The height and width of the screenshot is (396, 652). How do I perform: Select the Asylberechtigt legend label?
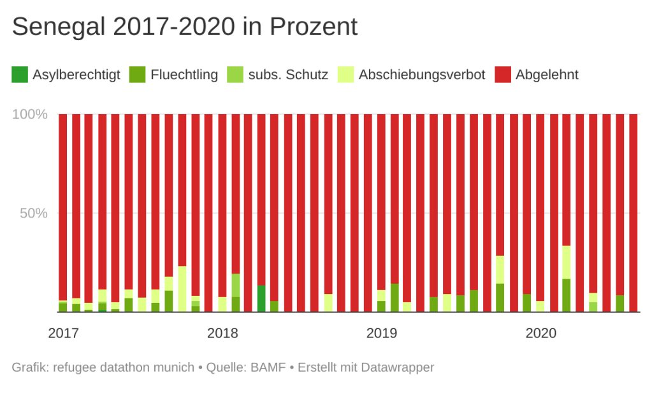76,75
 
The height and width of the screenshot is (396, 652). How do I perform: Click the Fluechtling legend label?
184,75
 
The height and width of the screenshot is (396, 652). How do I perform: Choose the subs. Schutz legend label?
289,75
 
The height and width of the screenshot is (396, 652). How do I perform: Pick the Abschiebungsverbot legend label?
422,75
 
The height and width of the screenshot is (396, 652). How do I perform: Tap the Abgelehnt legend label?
547,75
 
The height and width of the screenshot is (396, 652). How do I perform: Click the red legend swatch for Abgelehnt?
503,75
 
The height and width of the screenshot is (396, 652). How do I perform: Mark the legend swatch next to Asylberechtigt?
20,75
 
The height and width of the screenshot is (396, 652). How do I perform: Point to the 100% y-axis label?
31,115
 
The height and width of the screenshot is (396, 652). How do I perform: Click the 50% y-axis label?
34,213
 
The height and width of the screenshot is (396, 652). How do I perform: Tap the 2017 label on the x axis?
63,334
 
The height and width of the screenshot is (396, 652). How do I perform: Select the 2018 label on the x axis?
222,334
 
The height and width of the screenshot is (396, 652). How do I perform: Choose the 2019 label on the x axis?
382,334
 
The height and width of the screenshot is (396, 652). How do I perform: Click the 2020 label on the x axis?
541,334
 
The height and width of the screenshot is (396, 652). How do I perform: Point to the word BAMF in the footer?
268,368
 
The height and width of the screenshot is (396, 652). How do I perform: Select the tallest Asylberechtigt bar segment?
261,298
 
